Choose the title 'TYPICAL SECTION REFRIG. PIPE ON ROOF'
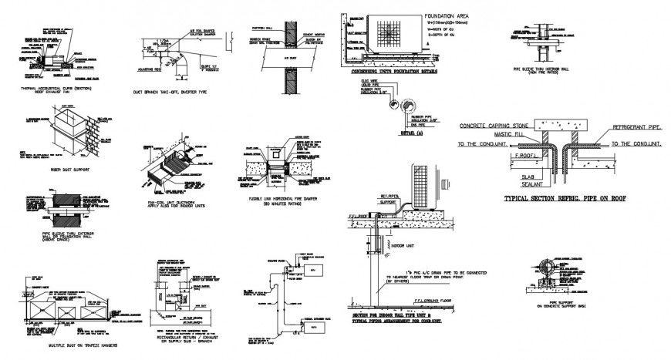click(x=565, y=198)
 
